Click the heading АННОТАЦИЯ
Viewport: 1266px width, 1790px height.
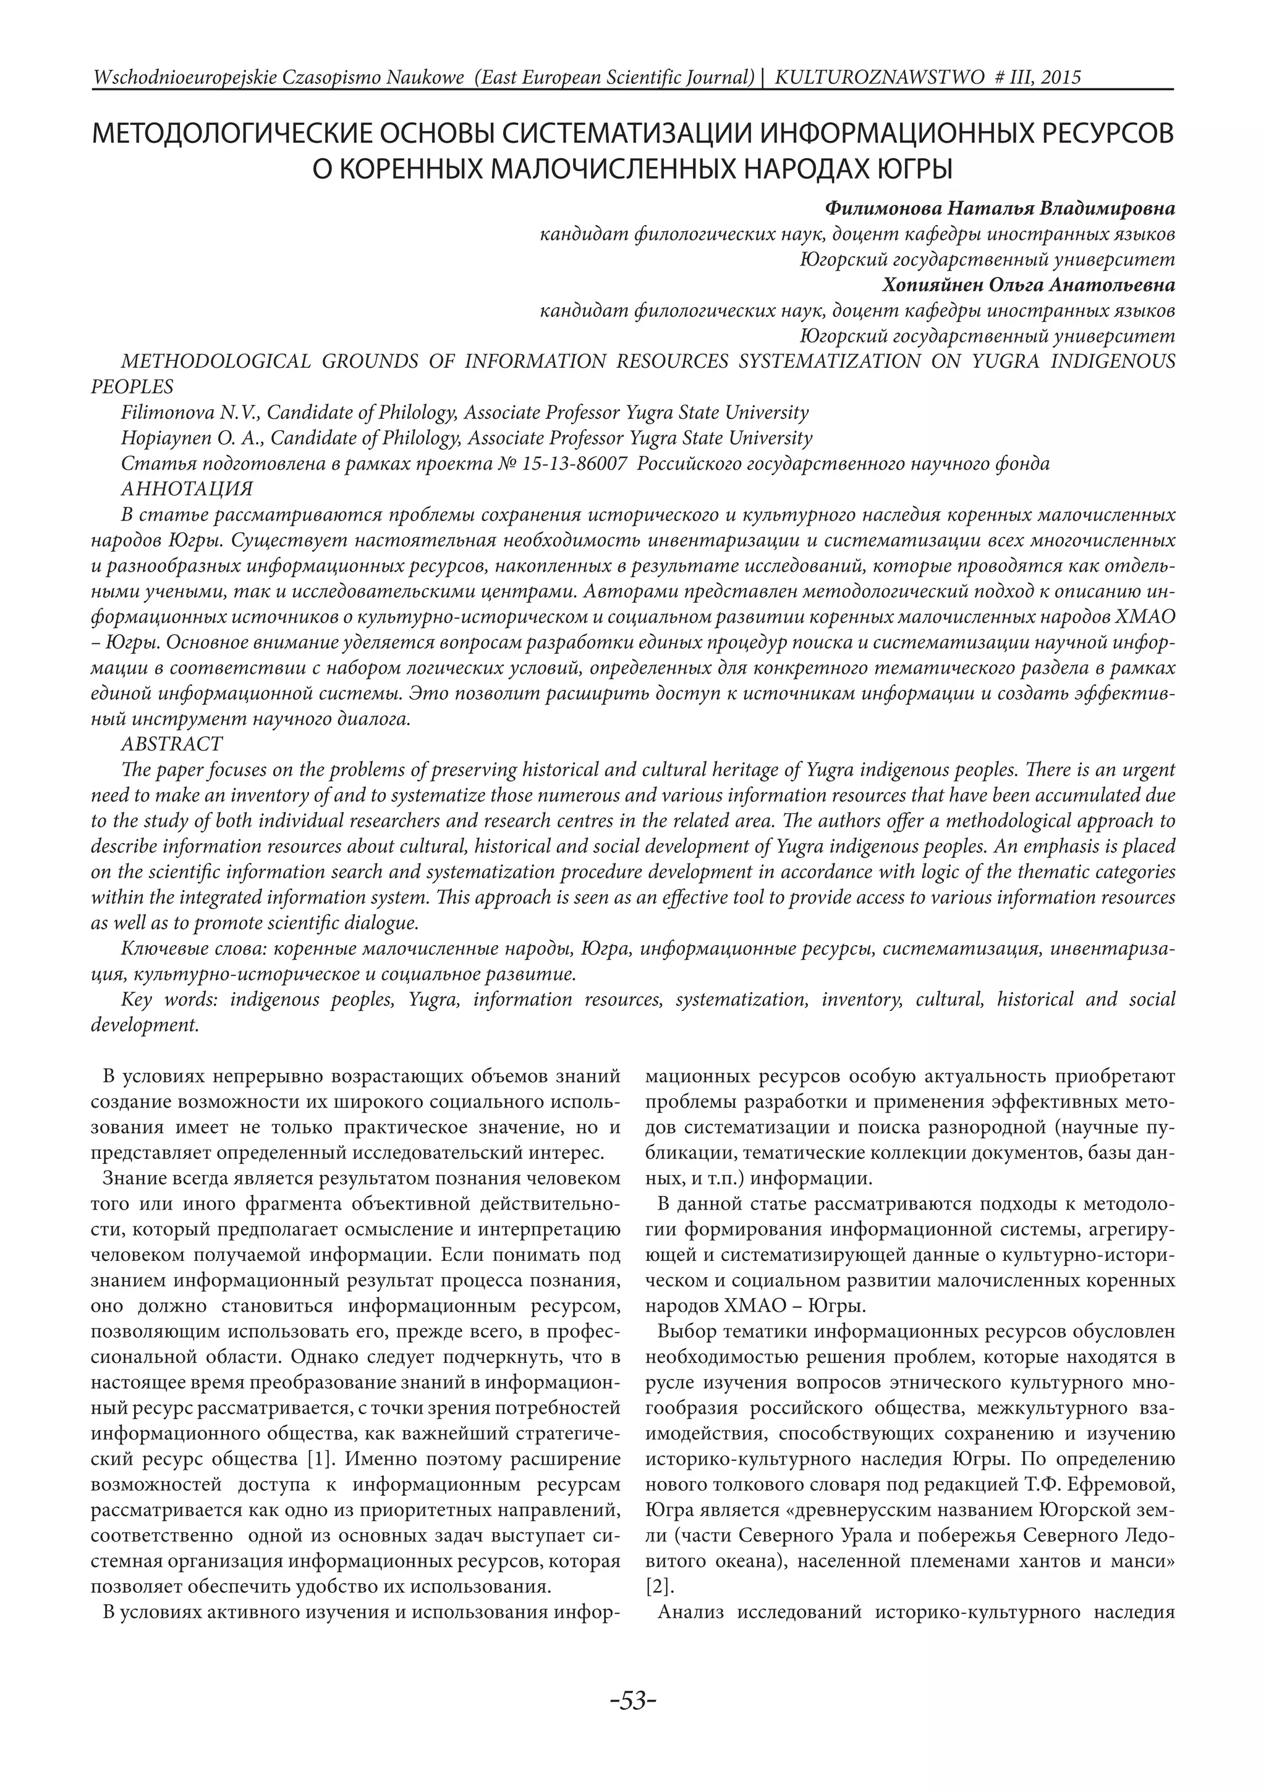(x=187, y=489)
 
